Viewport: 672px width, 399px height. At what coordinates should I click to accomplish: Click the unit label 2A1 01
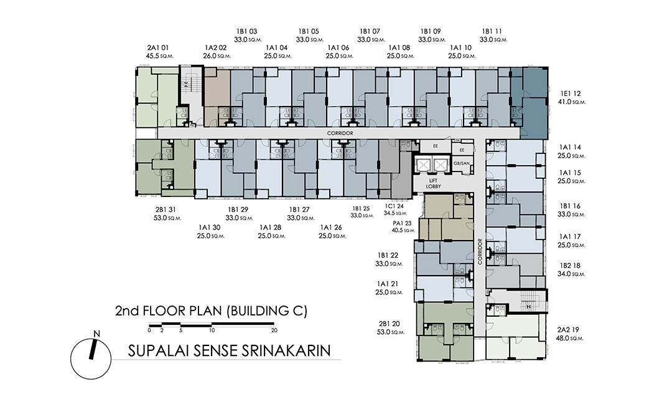[x=157, y=47]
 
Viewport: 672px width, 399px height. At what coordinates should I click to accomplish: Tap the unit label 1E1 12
[x=570, y=94]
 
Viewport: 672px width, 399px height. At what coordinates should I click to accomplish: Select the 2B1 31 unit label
[x=166, y=209]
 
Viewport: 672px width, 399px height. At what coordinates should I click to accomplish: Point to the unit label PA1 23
[x=401, y=223]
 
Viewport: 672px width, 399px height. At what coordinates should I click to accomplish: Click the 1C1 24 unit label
[x=394, y=206]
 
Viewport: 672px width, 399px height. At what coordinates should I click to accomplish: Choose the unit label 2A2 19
[x=568, y=330]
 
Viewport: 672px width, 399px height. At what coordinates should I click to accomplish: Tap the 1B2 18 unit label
[x=570, y=266]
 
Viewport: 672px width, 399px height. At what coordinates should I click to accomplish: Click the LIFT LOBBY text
[x=433, y=184]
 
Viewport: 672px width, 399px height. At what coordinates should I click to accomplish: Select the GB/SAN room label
[x=462, y=163]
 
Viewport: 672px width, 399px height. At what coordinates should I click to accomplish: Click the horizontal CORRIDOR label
[x=340, y=133]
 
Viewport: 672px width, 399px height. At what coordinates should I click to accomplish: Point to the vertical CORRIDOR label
[x=480, y=251]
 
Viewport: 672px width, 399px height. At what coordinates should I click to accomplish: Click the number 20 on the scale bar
[x=274, y=330]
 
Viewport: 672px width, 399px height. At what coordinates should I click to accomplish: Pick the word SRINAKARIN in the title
[x=286, y=350]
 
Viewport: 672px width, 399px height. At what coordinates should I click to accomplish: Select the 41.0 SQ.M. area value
[x=571, y=102]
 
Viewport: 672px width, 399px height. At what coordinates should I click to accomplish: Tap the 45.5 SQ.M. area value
[x=159, y=56]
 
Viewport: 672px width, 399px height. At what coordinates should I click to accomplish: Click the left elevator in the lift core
[x=424, y=165]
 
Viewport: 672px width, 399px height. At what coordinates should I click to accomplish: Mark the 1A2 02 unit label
[x=215, y=47]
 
